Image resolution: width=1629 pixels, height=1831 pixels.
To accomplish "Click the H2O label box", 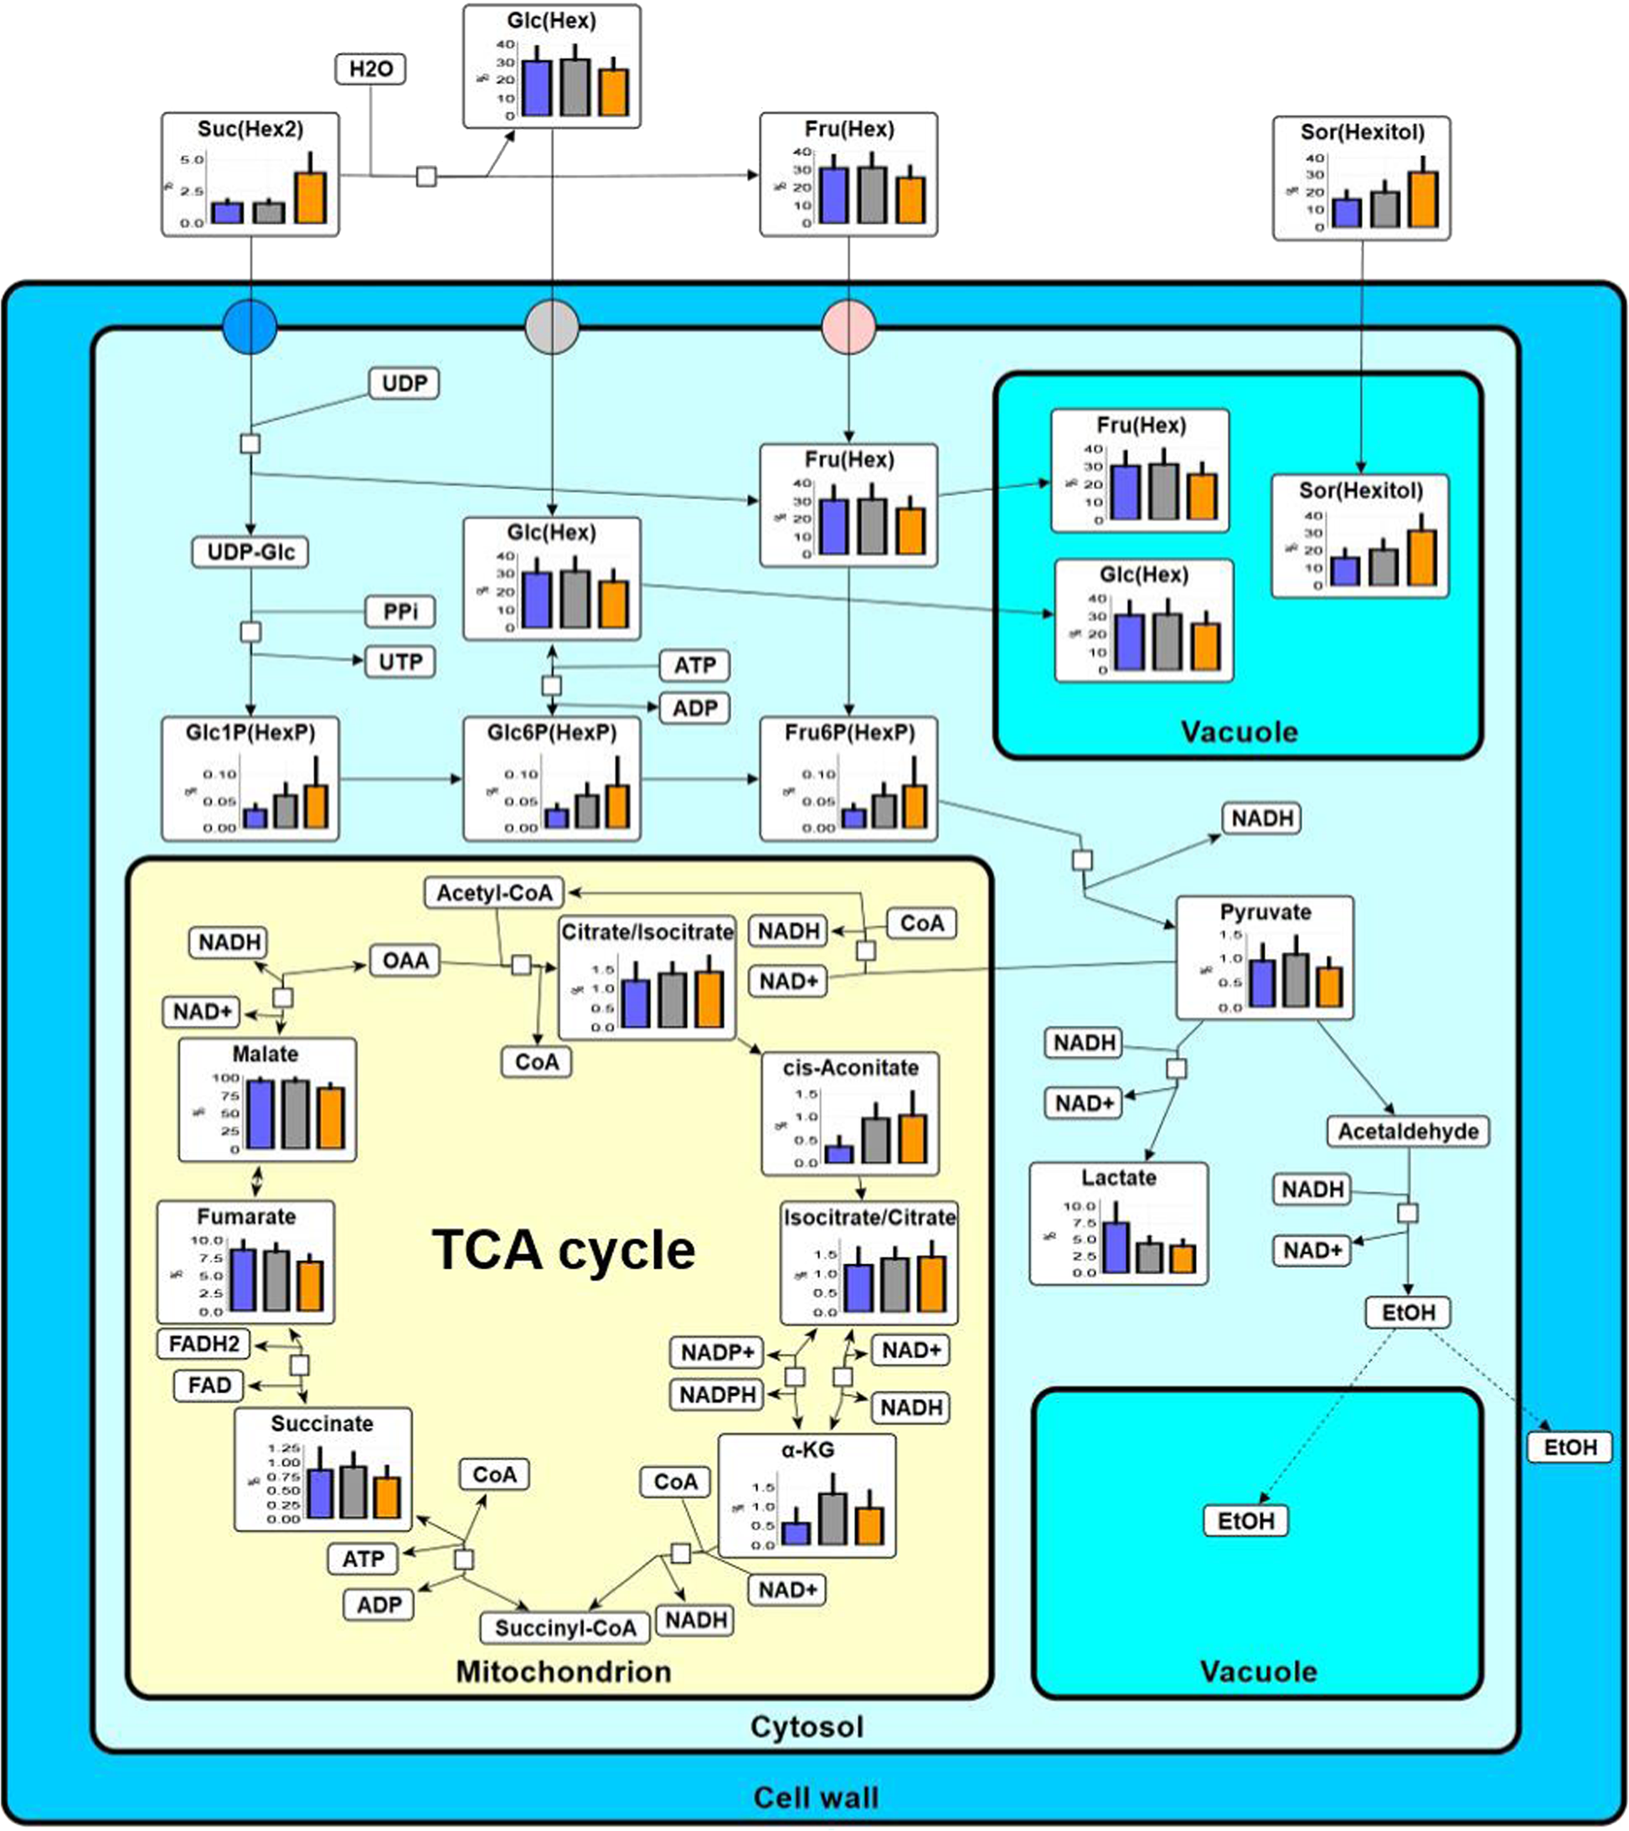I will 370,69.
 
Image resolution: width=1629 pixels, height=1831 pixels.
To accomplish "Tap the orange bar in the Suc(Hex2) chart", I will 311,198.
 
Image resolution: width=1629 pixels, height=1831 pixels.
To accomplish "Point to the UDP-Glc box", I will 250,552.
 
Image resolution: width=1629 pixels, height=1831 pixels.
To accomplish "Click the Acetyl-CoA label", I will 494,892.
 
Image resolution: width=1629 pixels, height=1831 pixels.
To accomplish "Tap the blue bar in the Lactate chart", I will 1115,1247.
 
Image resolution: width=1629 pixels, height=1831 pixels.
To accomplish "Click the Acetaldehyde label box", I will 1408,1132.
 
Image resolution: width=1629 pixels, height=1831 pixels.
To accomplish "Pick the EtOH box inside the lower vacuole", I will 1245,1521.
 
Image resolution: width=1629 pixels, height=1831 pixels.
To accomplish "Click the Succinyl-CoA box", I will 565,1627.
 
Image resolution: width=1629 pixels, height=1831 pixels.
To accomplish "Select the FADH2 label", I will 204,1344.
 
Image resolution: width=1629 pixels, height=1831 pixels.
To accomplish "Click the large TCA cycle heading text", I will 564,1250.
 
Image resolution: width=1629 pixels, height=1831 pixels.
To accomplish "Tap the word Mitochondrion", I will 564,1672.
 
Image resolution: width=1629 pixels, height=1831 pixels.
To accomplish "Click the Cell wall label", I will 815,1797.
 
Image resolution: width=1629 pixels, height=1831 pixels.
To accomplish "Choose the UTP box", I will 400,662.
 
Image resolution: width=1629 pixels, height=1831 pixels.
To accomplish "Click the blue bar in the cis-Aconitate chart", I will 839,1153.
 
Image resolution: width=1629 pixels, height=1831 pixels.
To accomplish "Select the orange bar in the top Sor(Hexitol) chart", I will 1423,199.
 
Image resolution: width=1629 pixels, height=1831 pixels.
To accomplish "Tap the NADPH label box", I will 717,1395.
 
